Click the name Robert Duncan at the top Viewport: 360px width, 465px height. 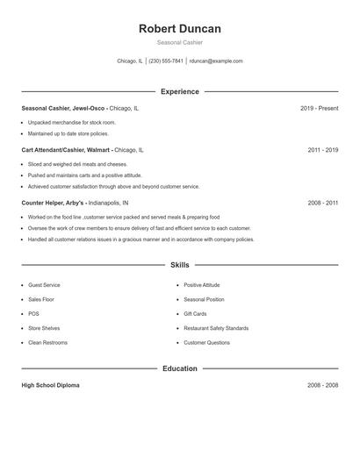180,29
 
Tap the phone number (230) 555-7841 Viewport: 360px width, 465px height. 166,61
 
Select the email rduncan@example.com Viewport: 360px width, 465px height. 216,61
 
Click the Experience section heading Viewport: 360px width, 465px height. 180,91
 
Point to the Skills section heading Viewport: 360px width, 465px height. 180,264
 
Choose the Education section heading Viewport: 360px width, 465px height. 180,368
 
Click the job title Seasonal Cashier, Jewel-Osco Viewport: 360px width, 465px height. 63,108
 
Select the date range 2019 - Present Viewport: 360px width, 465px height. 319,108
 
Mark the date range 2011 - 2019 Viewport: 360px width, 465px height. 323,150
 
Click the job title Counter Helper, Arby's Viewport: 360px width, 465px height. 54,203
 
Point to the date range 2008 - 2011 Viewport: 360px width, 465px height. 323,203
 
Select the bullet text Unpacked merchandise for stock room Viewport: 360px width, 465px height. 71,123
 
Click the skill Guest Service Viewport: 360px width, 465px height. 44,285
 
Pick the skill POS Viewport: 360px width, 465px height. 33,313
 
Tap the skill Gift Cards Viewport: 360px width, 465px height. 195,313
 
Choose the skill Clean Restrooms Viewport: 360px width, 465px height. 47,342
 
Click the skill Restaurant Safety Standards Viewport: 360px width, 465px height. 217,328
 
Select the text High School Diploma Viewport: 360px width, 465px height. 50,385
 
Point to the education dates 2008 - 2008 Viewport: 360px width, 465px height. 323,385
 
